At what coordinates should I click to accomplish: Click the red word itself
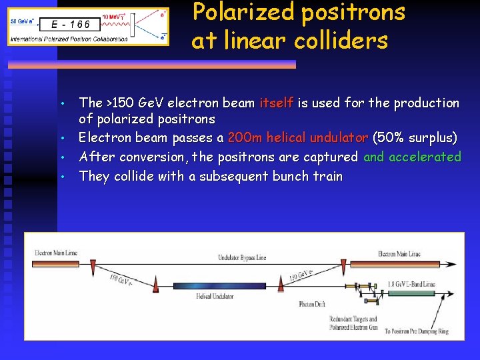(x=276, y=103)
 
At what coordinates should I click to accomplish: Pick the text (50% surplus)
(x=415, y=138)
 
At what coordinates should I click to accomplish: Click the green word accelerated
(x=425, y=157)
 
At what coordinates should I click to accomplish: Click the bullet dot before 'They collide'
(x=62, y=177)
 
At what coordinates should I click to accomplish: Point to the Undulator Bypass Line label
(x=243, y=257)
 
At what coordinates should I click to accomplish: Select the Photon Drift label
(x=312, y=304)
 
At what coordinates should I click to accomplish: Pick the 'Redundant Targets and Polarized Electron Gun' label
(x=353, y=323)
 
